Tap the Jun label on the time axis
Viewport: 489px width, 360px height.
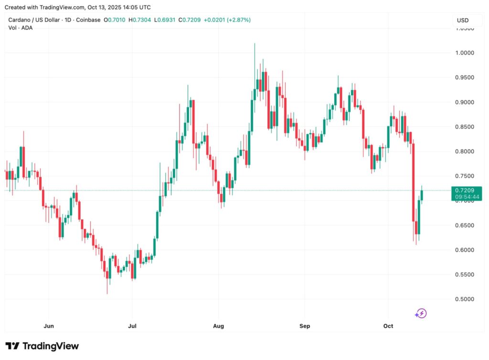click(x=48, y=326)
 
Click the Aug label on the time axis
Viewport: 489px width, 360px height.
click(x=218, y=326)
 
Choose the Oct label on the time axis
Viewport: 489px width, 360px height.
click(x=388, y=326)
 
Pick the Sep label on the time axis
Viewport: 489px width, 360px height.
click(x=305, y=326)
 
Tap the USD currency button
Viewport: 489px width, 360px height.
click(x=463, y=21)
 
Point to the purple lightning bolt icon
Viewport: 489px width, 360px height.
click(x=421, y=314)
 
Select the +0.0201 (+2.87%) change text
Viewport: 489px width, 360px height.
click(x=227, y=20)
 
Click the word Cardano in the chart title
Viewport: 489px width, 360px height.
click(x=20, y=20)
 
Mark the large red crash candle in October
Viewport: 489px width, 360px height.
click(x=414, y=182)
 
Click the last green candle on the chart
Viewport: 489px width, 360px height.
click(x=422, y=195)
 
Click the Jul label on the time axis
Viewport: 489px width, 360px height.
click(x=132, y=326)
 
